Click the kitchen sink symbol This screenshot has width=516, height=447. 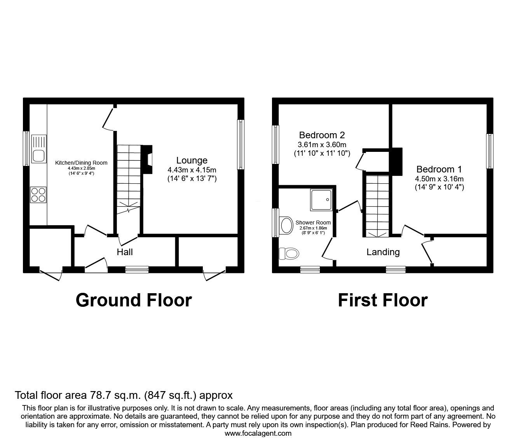(38, 150)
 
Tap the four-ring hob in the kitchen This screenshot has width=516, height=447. (38, 194)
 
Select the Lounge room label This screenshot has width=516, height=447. (192, 160)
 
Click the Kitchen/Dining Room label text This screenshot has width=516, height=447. (81, 163)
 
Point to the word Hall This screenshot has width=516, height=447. (125, 252)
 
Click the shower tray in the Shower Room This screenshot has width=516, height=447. (321, 200)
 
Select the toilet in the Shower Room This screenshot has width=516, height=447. (289, 254)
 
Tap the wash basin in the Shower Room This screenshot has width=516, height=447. (286, 225)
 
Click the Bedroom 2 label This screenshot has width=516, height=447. (322, 135)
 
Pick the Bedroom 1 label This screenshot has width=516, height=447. (439, 169)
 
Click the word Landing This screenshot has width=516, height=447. (383, 252)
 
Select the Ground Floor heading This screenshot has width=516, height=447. (134, 300)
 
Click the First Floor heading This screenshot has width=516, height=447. (382, 300)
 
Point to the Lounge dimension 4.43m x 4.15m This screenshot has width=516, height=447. (192, 170)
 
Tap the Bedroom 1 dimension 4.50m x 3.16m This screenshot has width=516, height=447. (439, 179)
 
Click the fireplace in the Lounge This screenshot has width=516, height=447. (148, 158)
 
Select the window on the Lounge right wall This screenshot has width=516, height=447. (241, 144)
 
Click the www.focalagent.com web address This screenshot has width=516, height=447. (258, 433)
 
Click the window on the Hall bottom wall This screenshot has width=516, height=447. (137, 269)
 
